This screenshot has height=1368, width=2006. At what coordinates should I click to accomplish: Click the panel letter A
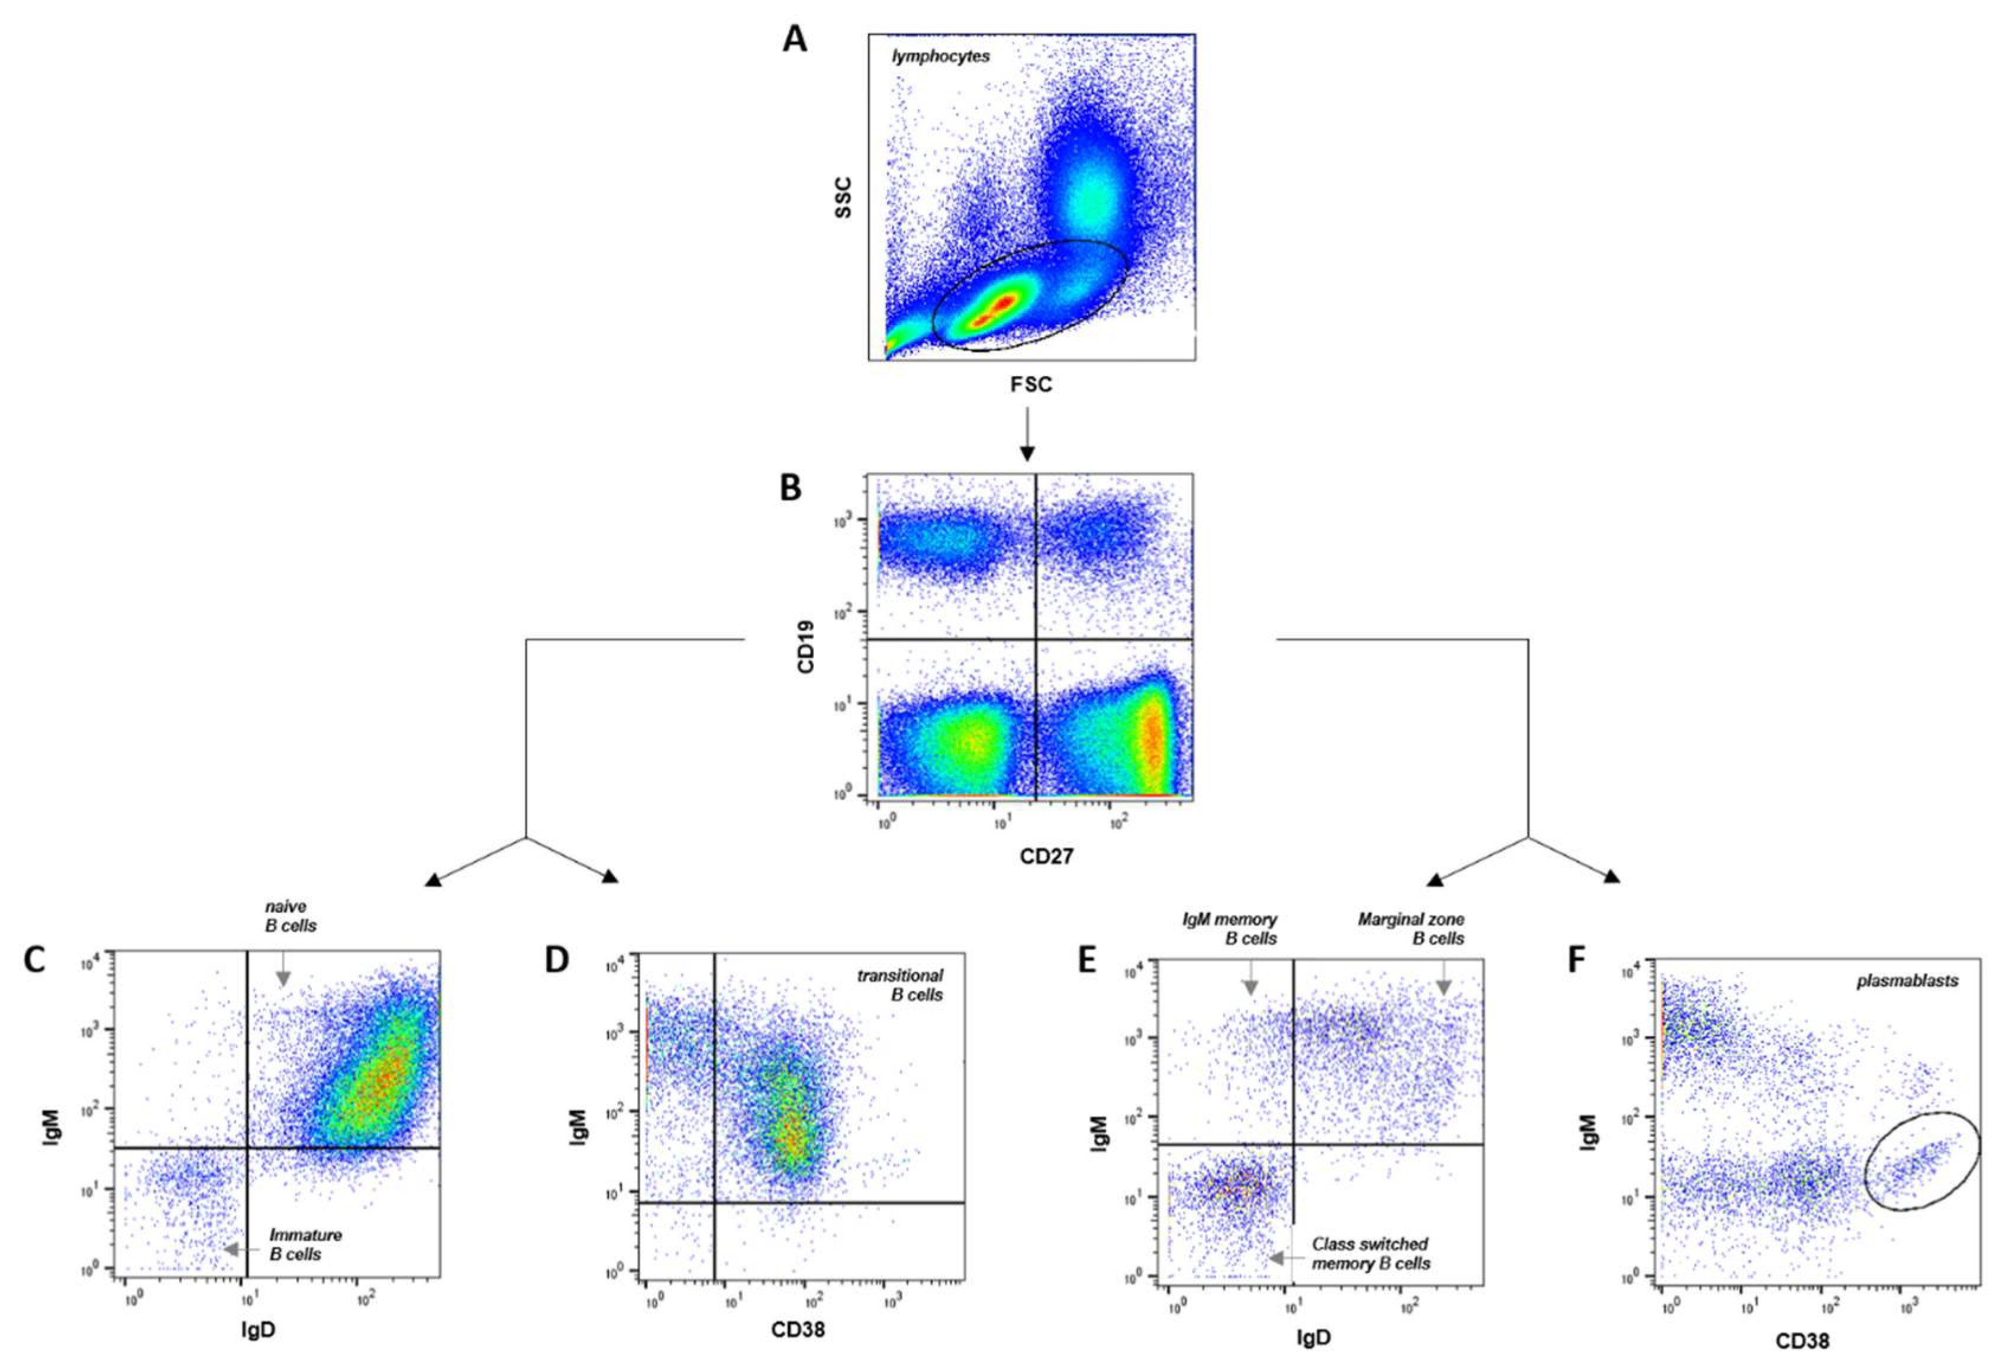[x=794, y=40]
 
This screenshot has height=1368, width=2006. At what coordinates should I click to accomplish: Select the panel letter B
[x=790, y=488]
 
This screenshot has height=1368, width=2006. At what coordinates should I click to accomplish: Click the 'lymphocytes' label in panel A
[x=941, y=57]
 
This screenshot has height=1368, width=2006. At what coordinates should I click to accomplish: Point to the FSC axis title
[x=1031, y=385]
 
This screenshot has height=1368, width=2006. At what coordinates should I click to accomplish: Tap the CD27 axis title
[x=1046, y=858]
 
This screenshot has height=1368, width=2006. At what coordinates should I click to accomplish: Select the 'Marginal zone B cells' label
[x=1411, y=929]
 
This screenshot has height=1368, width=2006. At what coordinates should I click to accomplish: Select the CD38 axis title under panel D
[x=798, y=1328]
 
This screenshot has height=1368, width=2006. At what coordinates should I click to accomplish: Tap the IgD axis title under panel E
[x=1314, y=1338]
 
